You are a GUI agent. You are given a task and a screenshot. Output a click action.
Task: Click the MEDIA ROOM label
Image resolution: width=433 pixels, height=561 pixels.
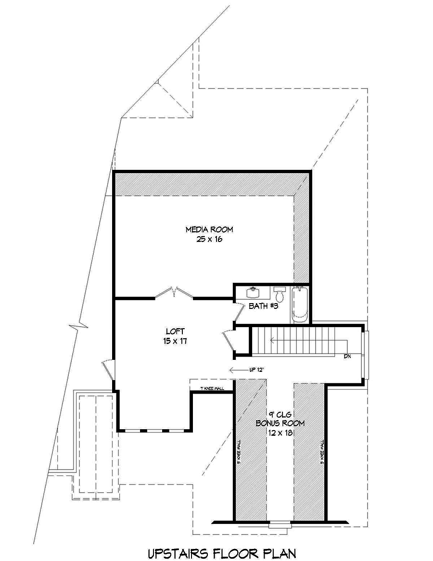point(205,229)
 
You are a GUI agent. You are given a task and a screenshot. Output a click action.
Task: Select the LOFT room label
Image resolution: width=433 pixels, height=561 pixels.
point(175,331)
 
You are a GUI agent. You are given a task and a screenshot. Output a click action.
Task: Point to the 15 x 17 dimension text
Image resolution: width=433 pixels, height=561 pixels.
point(175,340)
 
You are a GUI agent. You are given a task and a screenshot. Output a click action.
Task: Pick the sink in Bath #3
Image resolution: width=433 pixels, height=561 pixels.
point(253,292)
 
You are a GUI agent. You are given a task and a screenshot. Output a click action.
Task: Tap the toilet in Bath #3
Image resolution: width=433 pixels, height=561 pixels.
point(280,294)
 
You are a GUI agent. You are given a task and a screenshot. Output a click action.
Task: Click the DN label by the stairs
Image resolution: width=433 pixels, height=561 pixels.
point(347,357)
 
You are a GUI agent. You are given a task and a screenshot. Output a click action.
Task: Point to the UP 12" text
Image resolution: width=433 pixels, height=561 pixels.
point(256,370)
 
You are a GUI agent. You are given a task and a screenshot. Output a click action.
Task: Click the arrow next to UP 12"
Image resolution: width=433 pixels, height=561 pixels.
point(238,370)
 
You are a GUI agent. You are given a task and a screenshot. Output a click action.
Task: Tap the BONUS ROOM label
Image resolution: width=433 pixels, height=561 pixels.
point(280,423)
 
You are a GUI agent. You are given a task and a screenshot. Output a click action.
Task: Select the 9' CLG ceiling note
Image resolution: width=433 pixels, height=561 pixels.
point(280,414)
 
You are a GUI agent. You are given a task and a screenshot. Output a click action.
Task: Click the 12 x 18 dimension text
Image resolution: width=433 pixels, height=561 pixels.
point(280,433)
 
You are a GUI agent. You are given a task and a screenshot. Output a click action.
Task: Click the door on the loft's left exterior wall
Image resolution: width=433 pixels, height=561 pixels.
point(110,370)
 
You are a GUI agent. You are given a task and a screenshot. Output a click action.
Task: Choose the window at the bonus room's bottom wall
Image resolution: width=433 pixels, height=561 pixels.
point(280,524)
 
